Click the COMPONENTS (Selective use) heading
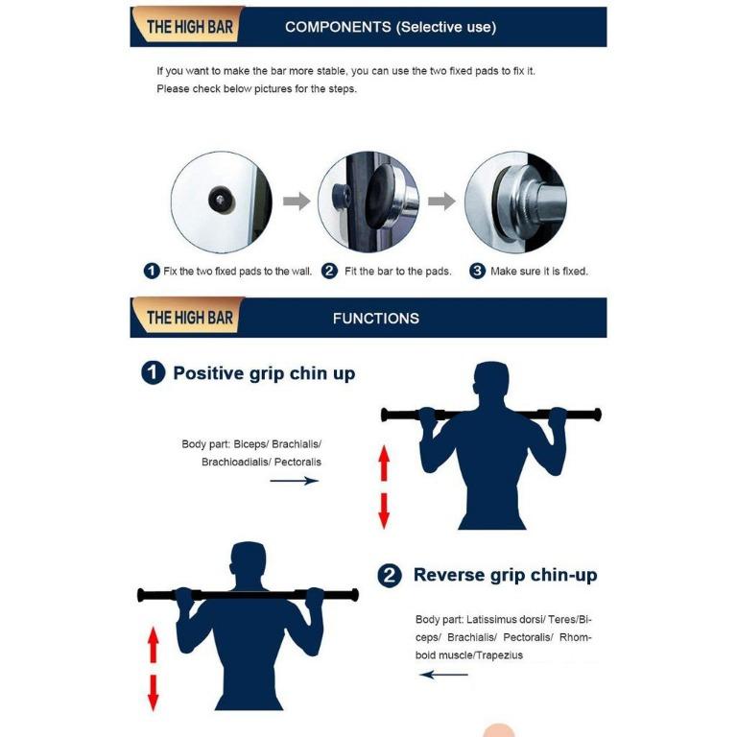[x=391, y=27]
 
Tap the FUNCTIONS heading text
[x=375, y=318]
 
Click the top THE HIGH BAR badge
[x=189, y=27]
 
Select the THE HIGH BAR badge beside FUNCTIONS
[x=189, y=318]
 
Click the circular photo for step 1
[x=221, y=202]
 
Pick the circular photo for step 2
[x=368, y=202]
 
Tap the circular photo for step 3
[x=514, y=202]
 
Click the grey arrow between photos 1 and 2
[x=297, y=202]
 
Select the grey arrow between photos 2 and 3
[x=441, y=202]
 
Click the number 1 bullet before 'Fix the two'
[x=152, y=272]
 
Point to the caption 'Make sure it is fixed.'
[x=538, y=272]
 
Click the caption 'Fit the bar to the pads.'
[x=397, y=272]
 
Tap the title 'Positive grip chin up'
[x=264, y=373]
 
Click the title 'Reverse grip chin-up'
[x=505, y=575]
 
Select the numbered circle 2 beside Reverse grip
[x=390, y=576]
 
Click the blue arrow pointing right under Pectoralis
[x=294, y=481]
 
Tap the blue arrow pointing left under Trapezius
[x=444, y=675]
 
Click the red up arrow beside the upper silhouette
[x=384, y=464]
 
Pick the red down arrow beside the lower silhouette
[x=152, y=690]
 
